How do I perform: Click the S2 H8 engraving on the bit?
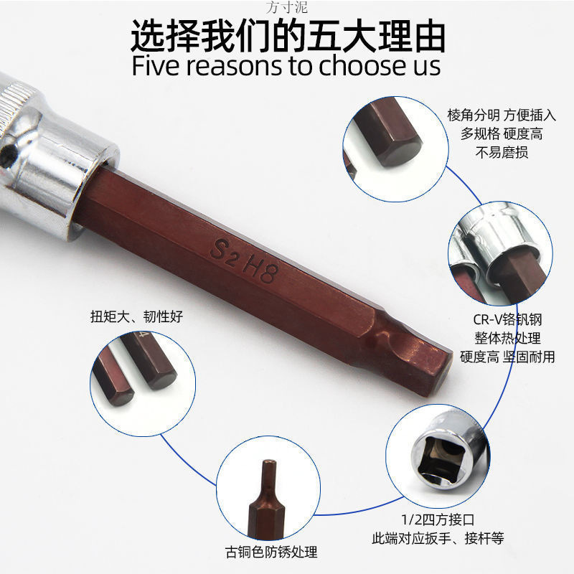click(244, 260)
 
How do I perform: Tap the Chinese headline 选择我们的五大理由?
click(288, 35)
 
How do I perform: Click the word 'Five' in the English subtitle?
click(156, 66)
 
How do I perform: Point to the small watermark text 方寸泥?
click(286, 7)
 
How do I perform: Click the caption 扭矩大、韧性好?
click(136, 316)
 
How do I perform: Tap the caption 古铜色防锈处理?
click(271, 552)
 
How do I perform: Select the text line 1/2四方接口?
click(438, 519)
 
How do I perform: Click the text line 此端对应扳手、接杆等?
click(438, 538)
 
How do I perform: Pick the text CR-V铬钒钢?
click(507, 319)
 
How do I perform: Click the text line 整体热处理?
click(507, 338)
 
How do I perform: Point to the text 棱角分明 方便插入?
click(502, 116)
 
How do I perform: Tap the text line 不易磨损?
click(502, 152)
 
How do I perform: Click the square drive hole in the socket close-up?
click(441, 459)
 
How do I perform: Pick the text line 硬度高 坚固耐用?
click(507, 357)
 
